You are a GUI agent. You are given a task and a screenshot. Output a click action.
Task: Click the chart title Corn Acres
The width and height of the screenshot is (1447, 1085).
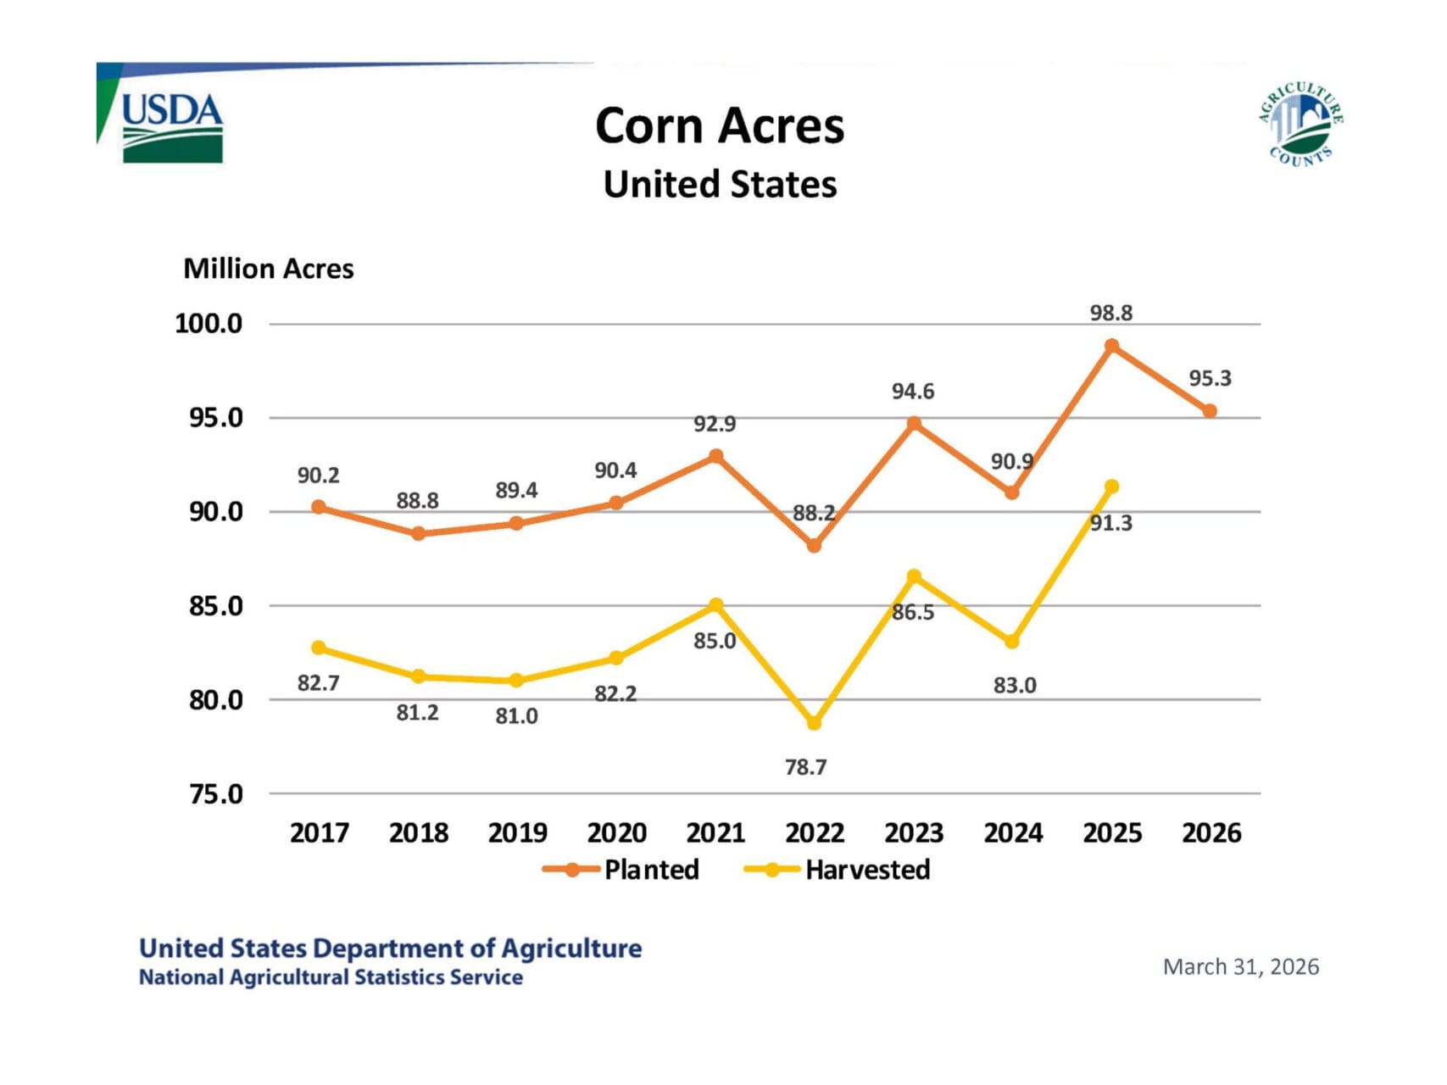tap(720, 126)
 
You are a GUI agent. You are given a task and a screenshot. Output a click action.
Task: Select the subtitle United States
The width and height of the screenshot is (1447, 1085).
tap(720, 185)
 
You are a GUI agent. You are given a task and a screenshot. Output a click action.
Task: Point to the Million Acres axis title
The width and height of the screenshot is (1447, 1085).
tap(268, 269)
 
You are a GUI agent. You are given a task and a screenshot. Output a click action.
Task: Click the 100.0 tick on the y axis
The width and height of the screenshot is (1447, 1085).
tap(209, 324)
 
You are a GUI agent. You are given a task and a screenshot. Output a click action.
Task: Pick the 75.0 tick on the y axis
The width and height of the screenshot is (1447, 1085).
tap(215, 794)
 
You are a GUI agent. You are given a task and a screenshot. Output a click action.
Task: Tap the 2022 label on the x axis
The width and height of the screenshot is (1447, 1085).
tap(815, 833)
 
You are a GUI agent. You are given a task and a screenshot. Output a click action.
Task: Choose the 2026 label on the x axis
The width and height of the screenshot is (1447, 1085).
tap(1211, 833)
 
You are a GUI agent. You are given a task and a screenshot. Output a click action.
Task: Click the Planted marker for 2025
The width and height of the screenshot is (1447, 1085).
tap(1111, 346)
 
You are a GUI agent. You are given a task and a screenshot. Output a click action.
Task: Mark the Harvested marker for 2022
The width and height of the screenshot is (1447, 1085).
tap(815, 724)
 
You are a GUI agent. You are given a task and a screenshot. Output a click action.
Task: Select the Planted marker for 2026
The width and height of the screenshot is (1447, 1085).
tap(1210, 411)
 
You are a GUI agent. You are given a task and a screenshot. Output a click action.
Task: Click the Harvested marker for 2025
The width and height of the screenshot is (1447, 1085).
tap(1111, 487)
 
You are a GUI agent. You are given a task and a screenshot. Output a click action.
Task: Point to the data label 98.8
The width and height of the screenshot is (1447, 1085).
tap(1110, 314)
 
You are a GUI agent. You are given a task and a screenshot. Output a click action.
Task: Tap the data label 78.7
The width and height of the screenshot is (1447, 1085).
tap(805, 767)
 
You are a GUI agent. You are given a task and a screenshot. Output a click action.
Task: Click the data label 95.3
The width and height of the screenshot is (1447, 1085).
tap(1210, 379)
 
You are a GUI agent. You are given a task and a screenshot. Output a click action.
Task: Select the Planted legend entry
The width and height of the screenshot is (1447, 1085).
tap(622, 870)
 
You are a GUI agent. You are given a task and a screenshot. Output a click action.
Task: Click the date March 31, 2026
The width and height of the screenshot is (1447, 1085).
tap(1240, 967)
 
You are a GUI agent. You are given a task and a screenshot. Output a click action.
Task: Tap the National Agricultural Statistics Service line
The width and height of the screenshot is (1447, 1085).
tap(331, 977)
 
